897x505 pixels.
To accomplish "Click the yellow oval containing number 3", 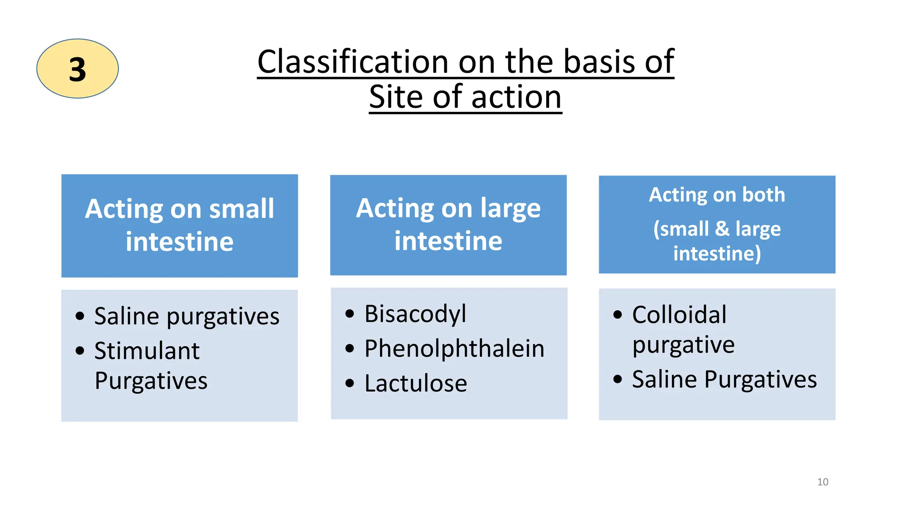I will coord(78,68).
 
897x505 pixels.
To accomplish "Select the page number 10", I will coord(823,482).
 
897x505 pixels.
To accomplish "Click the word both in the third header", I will coord(763,195).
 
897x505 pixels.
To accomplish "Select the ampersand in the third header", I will coord(722,229).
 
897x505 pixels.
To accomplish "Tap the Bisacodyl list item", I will coord(415,314).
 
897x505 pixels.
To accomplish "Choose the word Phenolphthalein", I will coord(454,349).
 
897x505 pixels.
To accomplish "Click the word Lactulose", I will coord(415,383).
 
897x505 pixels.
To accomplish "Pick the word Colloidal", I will coord(679,315).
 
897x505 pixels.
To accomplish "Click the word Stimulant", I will coord(147,351).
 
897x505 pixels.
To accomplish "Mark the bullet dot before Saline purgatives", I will coord(80,316).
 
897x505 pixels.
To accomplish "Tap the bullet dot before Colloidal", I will coord(618,315).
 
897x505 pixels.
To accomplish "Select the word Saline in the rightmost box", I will coord(664,379).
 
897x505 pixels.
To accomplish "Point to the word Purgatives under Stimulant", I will coord(151,381).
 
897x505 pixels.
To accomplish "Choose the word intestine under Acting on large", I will coord(448,241).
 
